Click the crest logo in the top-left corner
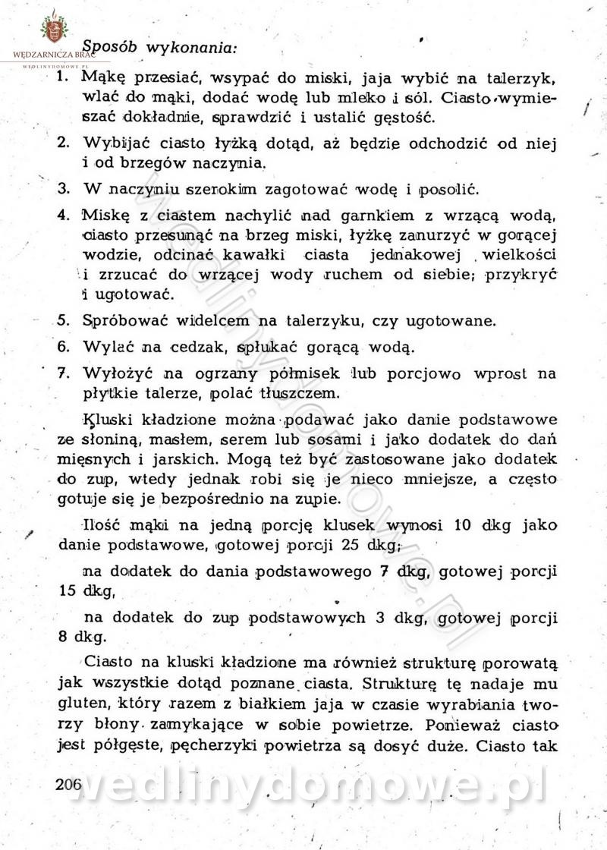[53, 28]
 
